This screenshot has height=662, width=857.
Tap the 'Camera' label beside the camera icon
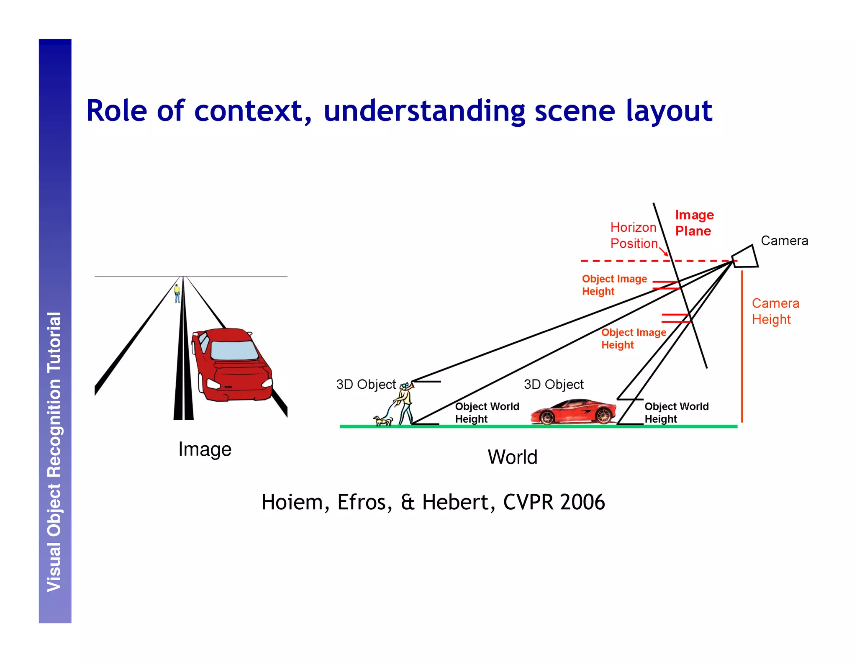[784, 241]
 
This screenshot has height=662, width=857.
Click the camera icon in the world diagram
[745, 257]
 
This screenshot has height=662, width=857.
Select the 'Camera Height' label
[775, 311]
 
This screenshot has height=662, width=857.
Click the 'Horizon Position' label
[633, 236]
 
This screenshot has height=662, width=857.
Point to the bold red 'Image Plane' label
[694, 223]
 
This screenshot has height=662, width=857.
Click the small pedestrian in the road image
[177, 293]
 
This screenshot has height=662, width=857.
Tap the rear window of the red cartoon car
[234, 350]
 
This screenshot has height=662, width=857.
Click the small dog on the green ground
[383, 420]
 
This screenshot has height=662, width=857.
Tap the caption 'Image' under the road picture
[205, 449]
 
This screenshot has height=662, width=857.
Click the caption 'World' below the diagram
[512, 457]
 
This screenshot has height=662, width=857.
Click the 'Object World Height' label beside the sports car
[676, 413]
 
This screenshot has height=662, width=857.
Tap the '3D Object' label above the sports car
[553, 384]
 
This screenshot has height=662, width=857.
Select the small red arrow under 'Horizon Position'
[664, 251]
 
